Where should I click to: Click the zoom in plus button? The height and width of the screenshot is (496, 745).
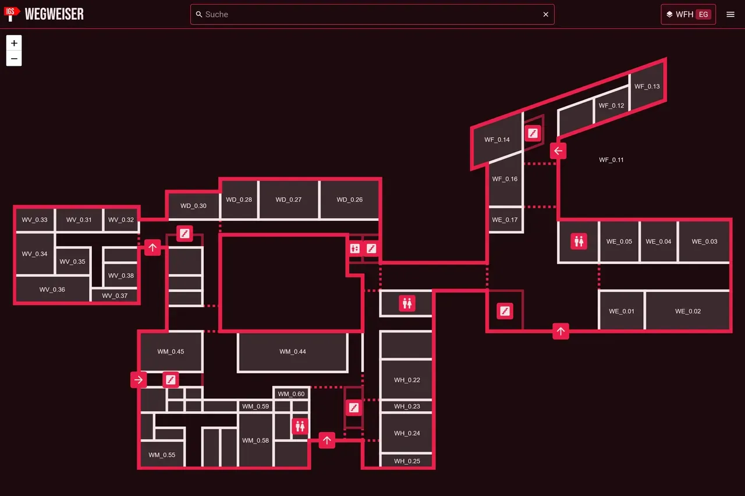click(x=14, y=43)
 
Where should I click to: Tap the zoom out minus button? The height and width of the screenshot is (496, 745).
click(x=14, y=59)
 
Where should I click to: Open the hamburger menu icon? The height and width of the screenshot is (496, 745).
click(x=730, y=15)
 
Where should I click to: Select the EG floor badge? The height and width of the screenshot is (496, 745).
click(x=703, y=15)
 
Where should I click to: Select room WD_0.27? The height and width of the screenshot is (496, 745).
click(x=288, y=199)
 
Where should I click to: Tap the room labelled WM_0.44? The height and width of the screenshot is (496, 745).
click(x=292, y=351)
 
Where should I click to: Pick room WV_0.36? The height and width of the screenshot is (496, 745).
click(x=52, y=290)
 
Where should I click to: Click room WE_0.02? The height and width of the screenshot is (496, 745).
click(x=688, y=311)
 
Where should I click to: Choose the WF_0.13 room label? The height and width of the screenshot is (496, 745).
click(x=647, y=87)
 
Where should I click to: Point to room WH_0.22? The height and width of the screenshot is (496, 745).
click(x=407, y=380)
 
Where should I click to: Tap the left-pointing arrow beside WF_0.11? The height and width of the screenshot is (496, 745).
click(x=558, y=151)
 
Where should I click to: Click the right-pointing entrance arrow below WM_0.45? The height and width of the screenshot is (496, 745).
click(x=139, y=380)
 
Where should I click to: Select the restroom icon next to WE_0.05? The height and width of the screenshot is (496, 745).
click(x=579, y=241)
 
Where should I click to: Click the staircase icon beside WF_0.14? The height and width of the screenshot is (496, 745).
click(x=533, y=133)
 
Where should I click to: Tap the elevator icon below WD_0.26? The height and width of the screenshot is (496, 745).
click(x=355, y=248)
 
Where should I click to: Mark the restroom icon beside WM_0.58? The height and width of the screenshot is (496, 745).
click(x=300, y=426)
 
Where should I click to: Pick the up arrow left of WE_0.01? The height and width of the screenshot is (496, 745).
click(x=560, y=331)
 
